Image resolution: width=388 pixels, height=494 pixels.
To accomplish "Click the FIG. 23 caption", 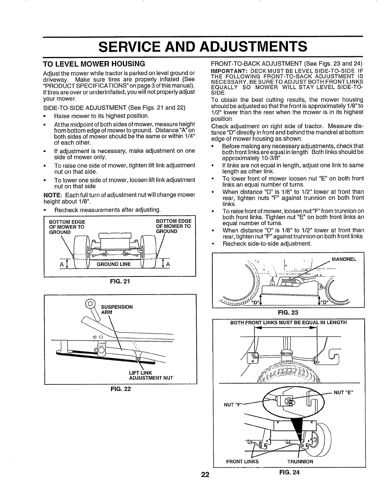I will click(x=288, y=312).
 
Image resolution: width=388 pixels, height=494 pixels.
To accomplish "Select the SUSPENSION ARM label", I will click(x=117, y=309).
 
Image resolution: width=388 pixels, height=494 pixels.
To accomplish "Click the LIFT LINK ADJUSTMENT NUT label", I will click(x=151, y=375).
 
